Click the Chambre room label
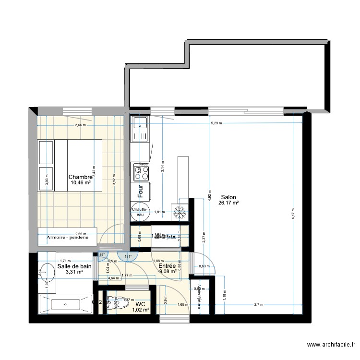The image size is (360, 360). point(80,176)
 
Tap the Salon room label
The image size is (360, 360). point(228,197)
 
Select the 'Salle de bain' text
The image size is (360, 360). point(74,266)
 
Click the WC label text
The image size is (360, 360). point(140,304)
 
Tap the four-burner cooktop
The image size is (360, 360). point(140,170)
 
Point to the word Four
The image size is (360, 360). point(141,192)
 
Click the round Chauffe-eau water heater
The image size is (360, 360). point(140,212)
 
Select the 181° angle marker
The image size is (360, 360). point(127,256)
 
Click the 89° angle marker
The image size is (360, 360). point(102,255)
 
